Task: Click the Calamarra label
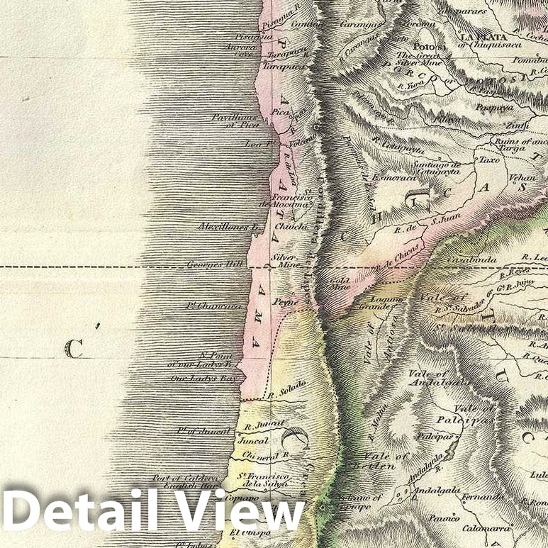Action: pos(487,528)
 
